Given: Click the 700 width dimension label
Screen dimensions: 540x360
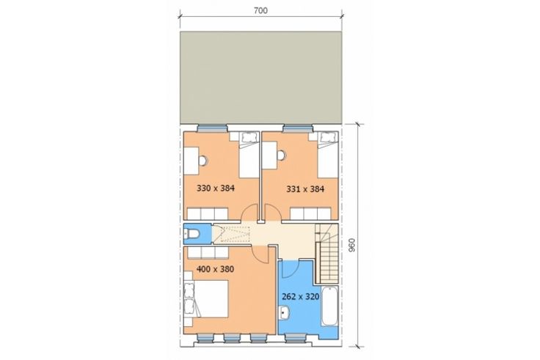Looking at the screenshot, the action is pos(260,11).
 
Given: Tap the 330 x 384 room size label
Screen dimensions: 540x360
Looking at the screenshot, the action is pos(216,188).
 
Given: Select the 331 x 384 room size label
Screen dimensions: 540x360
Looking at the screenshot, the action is pos(305,189).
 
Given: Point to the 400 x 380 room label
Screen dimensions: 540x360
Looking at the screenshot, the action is pos(215,269).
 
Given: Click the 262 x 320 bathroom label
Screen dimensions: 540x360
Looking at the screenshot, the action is pos(301,297).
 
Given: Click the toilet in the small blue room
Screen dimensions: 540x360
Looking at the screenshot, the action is pos(191,234).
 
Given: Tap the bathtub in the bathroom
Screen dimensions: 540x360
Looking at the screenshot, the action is pos(329,306).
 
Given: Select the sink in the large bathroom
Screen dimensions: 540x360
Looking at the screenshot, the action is pos(285,313).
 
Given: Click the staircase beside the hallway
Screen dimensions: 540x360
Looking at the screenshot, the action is pos(326,254).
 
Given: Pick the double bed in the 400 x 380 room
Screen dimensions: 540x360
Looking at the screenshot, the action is pos(207,298).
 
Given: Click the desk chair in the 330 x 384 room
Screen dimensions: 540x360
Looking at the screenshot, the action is pos(202,161).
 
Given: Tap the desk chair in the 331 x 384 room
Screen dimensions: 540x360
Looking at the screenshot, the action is pos(282,156).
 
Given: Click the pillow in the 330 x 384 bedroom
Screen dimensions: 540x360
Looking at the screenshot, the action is pos(249,137).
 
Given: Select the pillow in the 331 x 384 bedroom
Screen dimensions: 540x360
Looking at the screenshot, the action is pos(327,137).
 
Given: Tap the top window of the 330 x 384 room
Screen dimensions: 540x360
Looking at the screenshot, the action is pos(212,128).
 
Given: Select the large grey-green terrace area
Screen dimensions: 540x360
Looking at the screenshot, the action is pos(260,78).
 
